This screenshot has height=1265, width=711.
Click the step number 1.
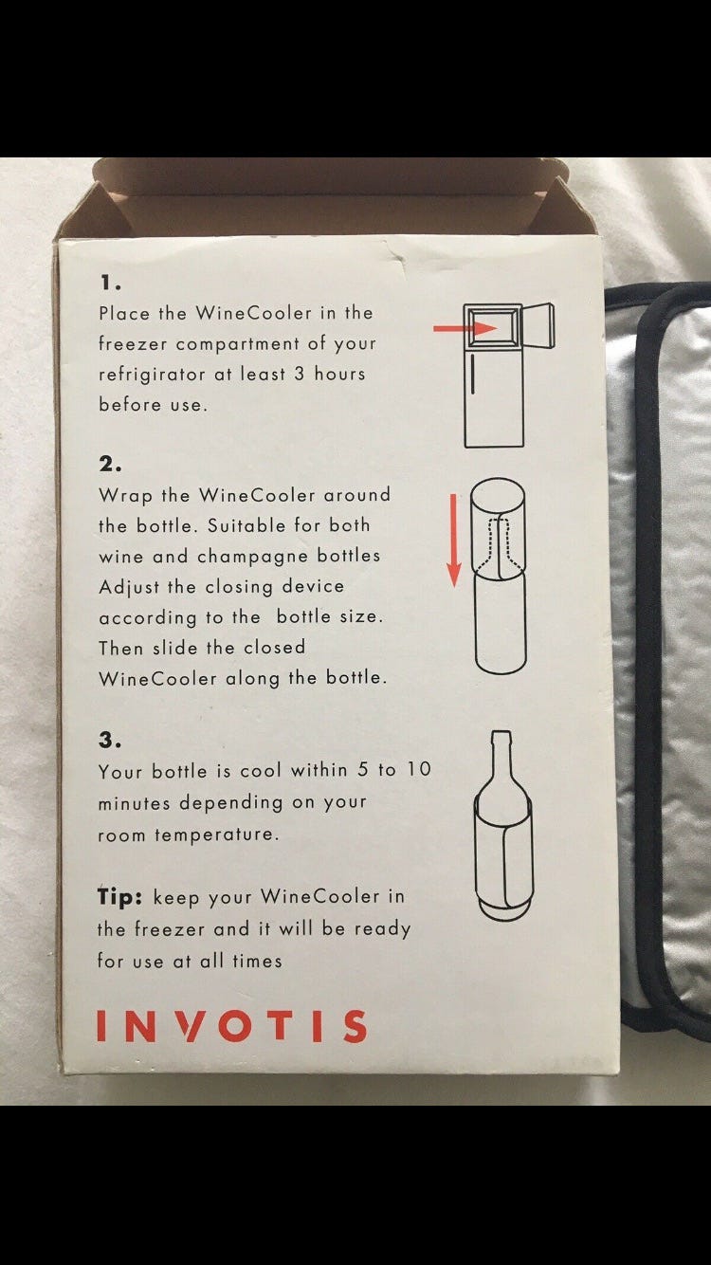click(x=110, y=283)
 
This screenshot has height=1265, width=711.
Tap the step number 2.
click(x=110, y=465)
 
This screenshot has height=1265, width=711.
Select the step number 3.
click(x=110, y=740)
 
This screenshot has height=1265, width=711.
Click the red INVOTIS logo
click(x=231, y=1026)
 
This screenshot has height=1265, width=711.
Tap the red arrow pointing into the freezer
click(x=465, y=329)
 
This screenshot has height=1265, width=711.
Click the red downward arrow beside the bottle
click(x=453, y=541)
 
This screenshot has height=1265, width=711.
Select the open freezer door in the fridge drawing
click(x=538, y=326)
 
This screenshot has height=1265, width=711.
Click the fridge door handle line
click(x=473, y=373)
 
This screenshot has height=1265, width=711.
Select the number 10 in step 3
click(x=419, y=769)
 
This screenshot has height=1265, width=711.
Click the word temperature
click(x=217, y=834)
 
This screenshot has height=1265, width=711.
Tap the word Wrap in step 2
click(x=126, y=496)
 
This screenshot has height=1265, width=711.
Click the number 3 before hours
click(x=300, y=374)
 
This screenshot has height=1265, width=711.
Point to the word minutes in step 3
click(x=134, y=802)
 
